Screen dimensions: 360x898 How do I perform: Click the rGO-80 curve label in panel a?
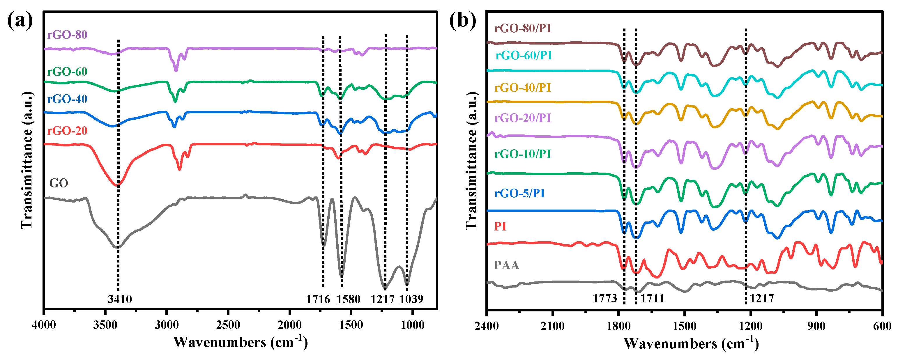point(67,35)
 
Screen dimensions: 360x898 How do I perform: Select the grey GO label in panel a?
point(59,183)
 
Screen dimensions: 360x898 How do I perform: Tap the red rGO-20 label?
point(67,131)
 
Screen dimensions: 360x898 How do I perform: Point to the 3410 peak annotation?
point(120,299)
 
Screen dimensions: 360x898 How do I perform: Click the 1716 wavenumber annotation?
point(318,299)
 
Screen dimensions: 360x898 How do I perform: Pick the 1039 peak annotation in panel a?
point(411,299)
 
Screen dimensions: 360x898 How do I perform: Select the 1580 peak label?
point(348,299)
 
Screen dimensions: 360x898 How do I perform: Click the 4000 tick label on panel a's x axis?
point(44,325)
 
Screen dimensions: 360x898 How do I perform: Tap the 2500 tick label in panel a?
point(228,325)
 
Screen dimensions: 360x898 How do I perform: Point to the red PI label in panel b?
point(500,226)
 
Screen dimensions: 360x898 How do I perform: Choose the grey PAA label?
point(507,265)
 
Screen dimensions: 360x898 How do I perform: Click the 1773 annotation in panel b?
point(605,299)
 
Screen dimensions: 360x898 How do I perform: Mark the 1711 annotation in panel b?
point(652,299)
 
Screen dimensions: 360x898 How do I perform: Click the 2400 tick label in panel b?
point(487,327)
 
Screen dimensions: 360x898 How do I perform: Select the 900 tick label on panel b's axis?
point(816,327)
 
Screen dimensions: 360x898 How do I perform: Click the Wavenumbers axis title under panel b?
point(691,344)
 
